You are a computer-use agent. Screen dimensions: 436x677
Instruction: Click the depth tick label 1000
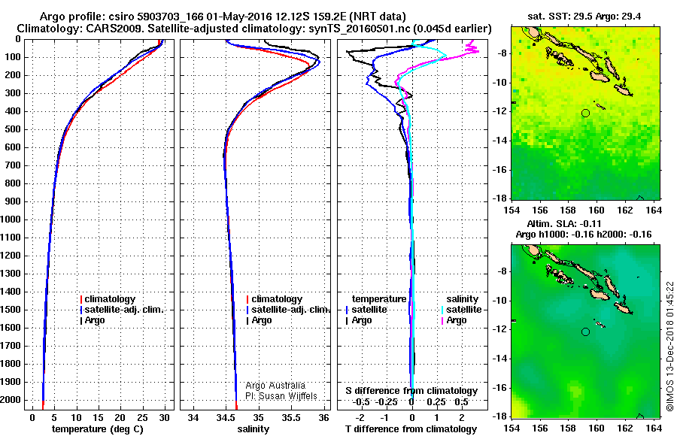pyautogui.click(x=13, y=220)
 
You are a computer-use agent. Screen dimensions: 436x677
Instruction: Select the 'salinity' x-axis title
pyautogui.click(x=253, y=429)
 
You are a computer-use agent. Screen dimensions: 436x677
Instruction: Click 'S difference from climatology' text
pyautogui.click(x=411, y=391)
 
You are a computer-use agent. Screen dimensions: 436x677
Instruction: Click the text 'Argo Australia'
pyautogui.click(x=276, y=386)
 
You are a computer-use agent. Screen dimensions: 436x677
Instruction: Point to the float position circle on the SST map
pyautogui.click(x=585, y=113)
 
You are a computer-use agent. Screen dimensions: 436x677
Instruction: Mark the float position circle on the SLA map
pyautogui.click(x=585, y=332)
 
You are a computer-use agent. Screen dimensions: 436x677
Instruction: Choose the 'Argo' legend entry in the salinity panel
pyautogui.click(x=262, y=320)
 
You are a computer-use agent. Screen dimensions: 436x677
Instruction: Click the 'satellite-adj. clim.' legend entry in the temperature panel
pyautogui.click(x=124, y=310)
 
